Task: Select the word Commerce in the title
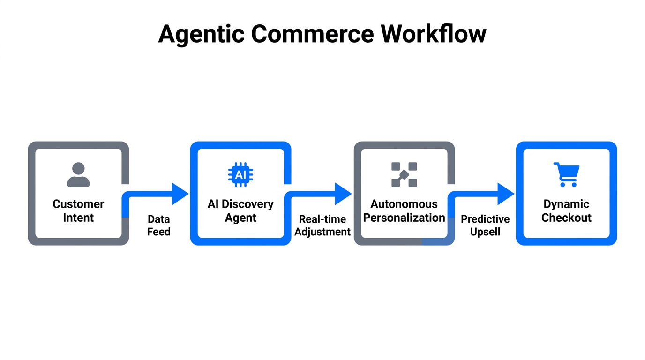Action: point(310,34)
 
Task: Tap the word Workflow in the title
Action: point(433,34)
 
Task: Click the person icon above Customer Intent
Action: point(78,175)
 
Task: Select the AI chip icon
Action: point(240,175)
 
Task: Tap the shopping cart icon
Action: point(566,174)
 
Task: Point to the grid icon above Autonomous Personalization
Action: point(404,175)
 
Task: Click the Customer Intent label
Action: point(78,211)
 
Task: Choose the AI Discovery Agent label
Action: point(240,211)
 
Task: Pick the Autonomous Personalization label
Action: point(404,211)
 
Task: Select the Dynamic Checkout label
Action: point(566,211)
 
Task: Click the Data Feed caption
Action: point(158,225)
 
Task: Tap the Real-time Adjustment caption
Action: point(322,225)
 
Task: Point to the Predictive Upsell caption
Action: point(485,225)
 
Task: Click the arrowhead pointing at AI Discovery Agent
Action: point(180,194)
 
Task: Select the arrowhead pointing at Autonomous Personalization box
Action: point(343,194)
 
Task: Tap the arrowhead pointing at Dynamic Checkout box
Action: point(505,194)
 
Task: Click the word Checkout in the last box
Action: point(566,218)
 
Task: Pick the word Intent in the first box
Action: point(78,218)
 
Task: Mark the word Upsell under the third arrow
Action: point(485,232)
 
